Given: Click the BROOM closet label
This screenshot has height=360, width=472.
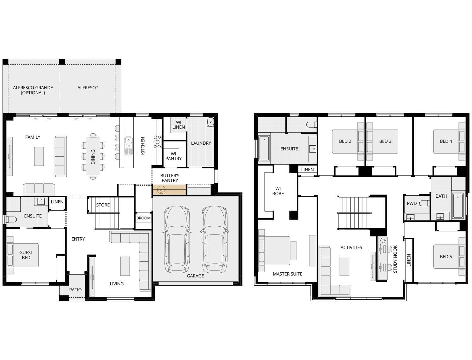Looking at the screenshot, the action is pyautogui.click(x=143, y=218).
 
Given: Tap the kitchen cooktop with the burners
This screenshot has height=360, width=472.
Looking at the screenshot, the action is pyautogui.click(x=157, y=142).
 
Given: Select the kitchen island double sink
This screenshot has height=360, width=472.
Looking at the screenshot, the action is pyautogui.click(x=128, y=146).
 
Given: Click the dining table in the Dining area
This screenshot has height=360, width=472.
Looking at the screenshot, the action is pyautogui.click(x=93, y=156).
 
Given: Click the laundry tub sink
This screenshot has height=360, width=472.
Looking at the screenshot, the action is pyautogui.click(x=210, y=122).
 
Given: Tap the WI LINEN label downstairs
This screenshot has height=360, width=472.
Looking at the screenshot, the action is pyautogui.click(x=178, y=125).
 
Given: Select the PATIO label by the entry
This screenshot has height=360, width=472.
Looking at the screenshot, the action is pyautogui.click(x=75, y=290).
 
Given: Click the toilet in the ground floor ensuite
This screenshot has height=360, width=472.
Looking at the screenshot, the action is pyautogui.click(x=11, y=220).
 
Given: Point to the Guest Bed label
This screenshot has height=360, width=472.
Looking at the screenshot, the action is pyautogui.click(x=26, y=255).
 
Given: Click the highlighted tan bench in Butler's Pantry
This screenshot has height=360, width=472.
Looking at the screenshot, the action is pyautogui.click(x=169, y=190).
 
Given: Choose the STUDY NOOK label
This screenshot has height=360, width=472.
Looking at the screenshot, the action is pyautogui.click(x=395, y=259).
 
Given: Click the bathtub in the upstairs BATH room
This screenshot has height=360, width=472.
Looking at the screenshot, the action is pyautogui.click(x=458, y=206).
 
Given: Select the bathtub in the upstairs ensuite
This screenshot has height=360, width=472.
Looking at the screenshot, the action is pyautogui.click(x=264, y=148).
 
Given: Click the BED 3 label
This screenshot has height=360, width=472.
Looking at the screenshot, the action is pyautogui.click(x=385, y=141).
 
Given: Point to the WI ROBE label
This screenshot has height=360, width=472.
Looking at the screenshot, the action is pyautogui.click(x=278, y=191).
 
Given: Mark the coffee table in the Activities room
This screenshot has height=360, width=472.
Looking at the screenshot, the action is pyautogui.click(x=344, y=266).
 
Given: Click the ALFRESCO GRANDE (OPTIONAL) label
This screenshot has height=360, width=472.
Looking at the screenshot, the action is pyautogui.click(x=33, y=90).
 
